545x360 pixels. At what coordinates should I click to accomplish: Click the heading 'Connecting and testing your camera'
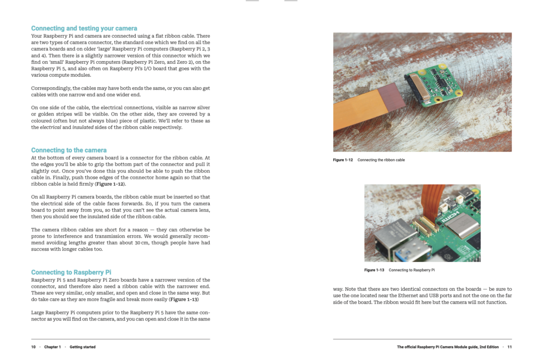(x=84, y=28)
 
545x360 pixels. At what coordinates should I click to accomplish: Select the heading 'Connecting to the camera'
(x=69, y=150)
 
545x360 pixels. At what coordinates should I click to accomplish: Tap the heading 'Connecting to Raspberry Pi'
(x=71, y=272)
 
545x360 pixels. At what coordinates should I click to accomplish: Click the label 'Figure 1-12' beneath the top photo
(x=343, y=160)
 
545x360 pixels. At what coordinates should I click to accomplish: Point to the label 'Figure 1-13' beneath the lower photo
(x=374, y=270)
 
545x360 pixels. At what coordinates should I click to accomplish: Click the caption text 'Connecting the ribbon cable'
(x=381, y=160)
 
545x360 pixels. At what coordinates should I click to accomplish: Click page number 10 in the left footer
(x=34, y=347)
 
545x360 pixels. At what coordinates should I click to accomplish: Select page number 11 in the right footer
(x=509, y=347)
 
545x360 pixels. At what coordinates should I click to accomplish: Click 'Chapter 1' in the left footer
(x=52, y=347)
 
